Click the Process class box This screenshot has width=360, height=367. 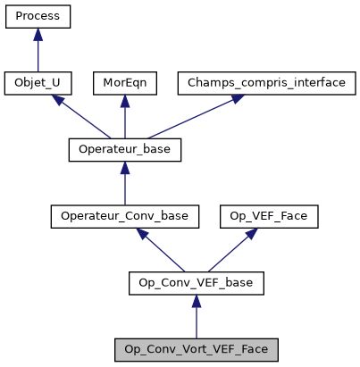38,16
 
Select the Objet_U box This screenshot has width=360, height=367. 38,83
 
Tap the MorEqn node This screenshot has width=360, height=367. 124,83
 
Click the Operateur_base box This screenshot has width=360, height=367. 124,150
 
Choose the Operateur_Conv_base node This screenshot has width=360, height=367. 124,217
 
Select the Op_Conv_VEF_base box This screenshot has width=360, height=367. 197,284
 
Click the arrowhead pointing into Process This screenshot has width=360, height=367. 38,34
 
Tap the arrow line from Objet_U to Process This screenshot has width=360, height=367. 38,55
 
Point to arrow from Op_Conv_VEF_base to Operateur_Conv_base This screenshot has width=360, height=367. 161,251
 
